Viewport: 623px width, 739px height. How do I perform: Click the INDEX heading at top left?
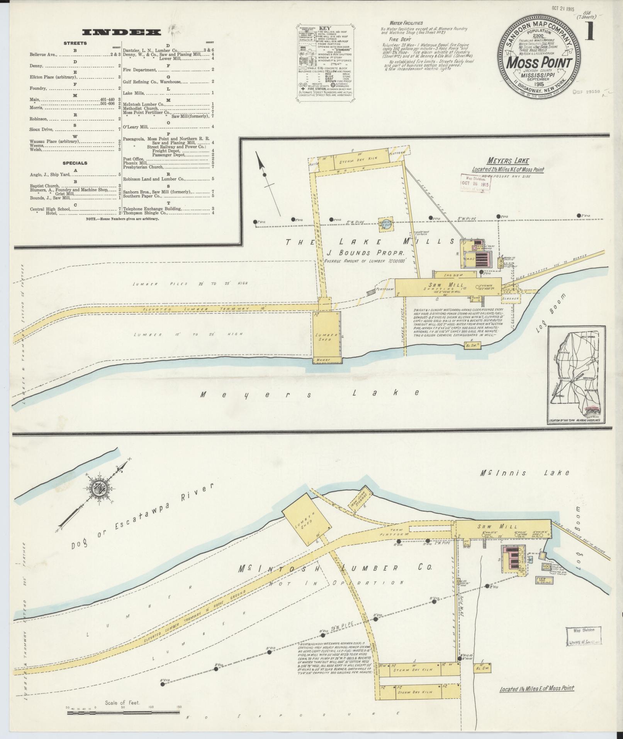[122, 32]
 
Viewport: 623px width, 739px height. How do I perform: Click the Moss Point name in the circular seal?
[539, 62]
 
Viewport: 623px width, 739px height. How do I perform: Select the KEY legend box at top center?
[326, 64]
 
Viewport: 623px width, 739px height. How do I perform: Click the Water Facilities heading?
[406, 23]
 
